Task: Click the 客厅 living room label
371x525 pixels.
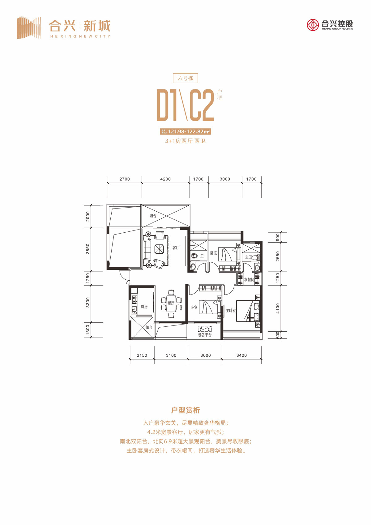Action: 176,247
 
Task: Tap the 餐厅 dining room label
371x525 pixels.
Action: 171,303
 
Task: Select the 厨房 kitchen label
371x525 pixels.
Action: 144,307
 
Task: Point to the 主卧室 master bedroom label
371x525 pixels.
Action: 231,310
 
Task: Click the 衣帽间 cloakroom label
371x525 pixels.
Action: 249,280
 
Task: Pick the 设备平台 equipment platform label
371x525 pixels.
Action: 205,335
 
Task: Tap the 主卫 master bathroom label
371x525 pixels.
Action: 248,257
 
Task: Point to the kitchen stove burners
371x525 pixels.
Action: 134,299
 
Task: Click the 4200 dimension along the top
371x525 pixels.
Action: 165,179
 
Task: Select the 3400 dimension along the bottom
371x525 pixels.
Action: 241,355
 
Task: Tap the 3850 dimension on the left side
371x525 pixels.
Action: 88,249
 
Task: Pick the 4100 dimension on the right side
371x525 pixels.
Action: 278,308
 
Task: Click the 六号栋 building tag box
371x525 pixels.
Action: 185,78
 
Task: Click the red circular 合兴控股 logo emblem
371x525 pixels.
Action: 313,25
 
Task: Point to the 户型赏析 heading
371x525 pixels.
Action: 185,410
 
